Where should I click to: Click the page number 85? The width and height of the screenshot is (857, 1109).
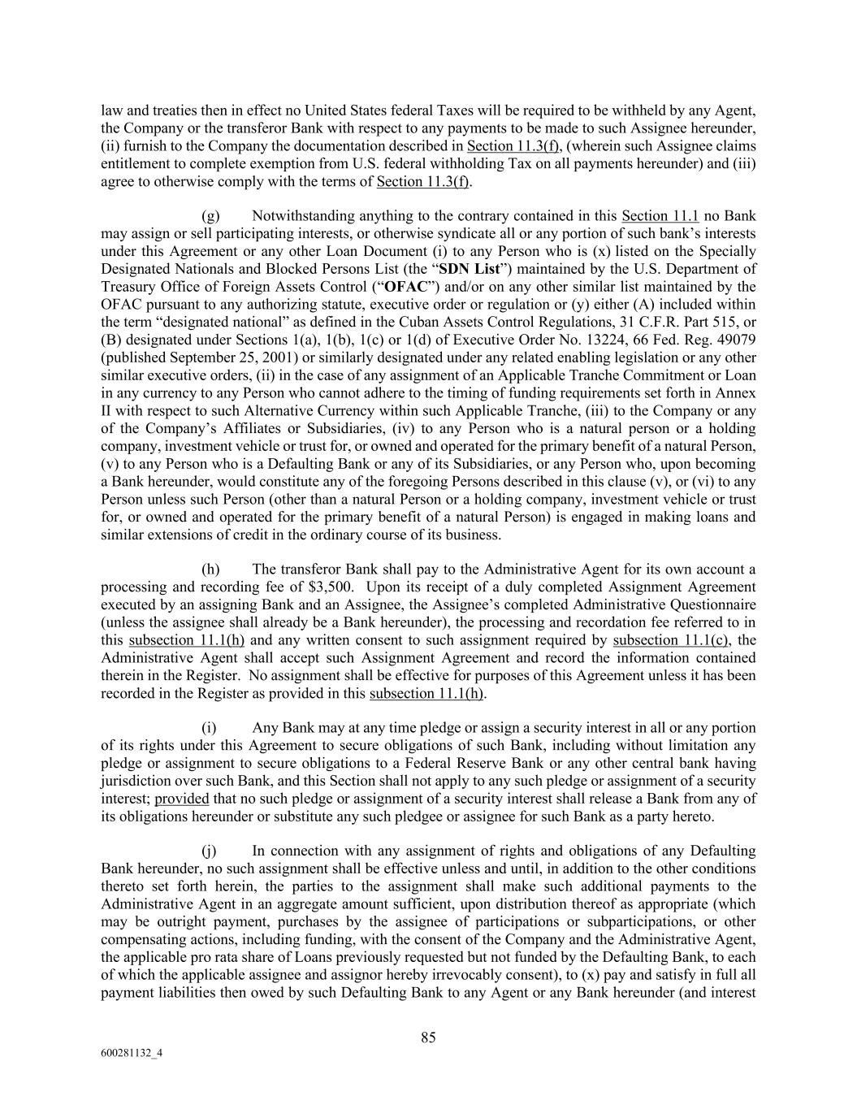click(428, 1037)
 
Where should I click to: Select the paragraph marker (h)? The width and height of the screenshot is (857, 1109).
click(210, 569)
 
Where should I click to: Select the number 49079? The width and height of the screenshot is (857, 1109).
click(735, 340)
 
